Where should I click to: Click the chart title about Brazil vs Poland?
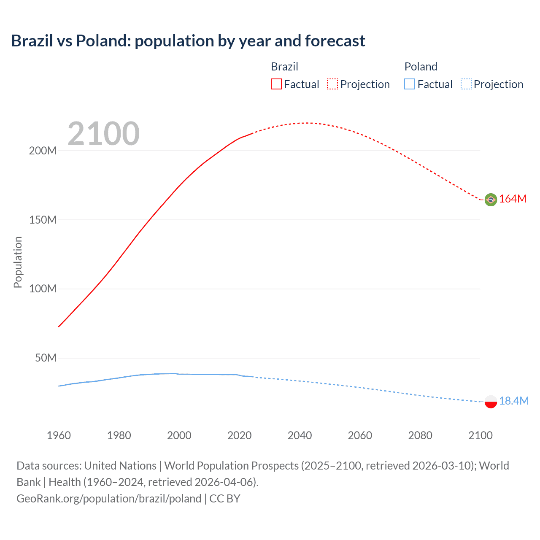point(188,41)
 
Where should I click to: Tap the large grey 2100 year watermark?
point(103,134)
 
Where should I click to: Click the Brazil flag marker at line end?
point(491,200)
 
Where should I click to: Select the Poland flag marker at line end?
point(491,402)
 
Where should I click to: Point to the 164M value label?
point(513,199)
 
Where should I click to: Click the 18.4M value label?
point(513,401)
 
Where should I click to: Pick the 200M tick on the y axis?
point(43,151)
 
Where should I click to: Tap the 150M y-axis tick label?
point(43,220)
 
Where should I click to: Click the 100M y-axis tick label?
point(43,289)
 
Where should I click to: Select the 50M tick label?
point(46,358)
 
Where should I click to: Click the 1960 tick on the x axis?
point(59,435)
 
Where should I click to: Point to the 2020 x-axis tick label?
point(239,435)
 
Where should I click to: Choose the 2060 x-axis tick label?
point(360,435)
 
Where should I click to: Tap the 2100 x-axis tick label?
point(480,435)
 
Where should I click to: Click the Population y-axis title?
point(18,262)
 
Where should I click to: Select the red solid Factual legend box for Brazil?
point(276,84)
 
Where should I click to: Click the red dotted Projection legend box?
point(332,84)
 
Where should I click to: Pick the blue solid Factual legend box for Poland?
point(410,84)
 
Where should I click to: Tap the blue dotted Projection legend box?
point(466,84)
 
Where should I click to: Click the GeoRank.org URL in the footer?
point(109,499)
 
